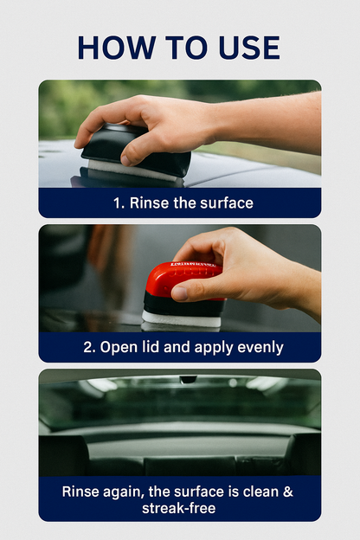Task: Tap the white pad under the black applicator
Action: click(x=130, y=170)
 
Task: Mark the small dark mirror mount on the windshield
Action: click(x=188, y=380)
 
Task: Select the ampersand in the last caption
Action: click(x=289, y=492)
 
